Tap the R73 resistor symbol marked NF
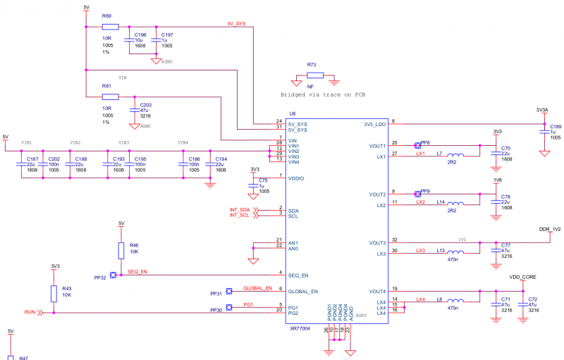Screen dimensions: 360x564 pos(314,75)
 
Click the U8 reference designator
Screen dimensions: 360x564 pos(292,113)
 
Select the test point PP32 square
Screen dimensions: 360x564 pos(113,275)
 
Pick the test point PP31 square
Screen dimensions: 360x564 pos(229,291)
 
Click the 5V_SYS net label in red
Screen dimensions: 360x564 pos(236,23)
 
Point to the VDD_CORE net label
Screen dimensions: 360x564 pos(523,277)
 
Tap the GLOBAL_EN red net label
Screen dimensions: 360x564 pos(257,288)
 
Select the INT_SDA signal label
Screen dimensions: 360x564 pos(240,210)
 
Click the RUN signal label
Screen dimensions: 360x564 pos(30,311)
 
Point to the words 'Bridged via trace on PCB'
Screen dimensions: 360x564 pos(323,94)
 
